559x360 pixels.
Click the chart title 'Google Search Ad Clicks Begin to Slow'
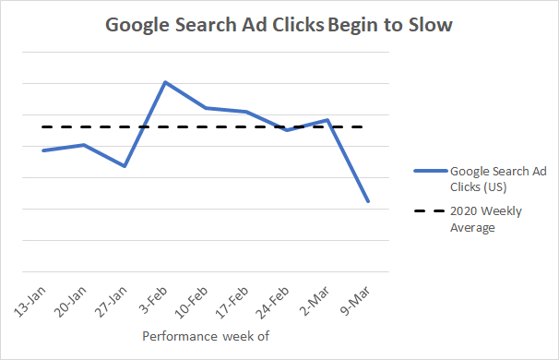pos(279,25)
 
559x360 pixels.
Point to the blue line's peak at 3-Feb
pos(164,82)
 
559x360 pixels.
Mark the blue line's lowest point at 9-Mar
pos(368,201)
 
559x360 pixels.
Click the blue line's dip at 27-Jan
pos(124,166)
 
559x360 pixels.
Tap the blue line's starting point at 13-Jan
pos(43,150)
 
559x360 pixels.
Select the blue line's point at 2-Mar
pos(327,120)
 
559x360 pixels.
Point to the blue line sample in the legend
pos(429,171)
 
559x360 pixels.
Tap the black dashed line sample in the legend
pos(429,211)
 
